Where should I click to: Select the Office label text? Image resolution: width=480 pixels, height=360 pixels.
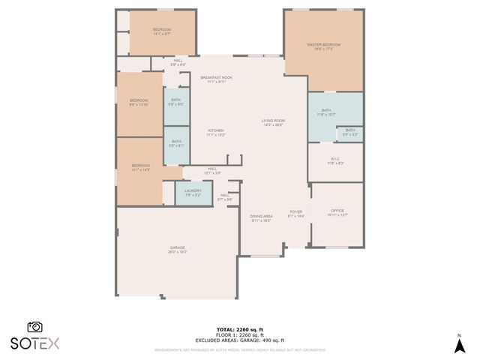pos(337,212)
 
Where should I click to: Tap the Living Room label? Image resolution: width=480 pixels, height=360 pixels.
pos(273,122)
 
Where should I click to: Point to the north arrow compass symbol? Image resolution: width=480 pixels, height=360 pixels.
pos(459,344)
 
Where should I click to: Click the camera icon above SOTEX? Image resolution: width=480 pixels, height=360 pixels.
pos(34,327)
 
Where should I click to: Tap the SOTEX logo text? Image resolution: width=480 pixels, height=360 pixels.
pos(34,343)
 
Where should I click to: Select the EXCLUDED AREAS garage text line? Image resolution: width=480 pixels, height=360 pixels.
pos(239,340)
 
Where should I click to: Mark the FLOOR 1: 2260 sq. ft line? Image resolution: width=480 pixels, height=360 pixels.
pos(239,335)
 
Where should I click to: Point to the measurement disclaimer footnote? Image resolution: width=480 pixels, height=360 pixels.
pos(239,349)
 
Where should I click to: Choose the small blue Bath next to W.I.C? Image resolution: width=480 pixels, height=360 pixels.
pos(350,133)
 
